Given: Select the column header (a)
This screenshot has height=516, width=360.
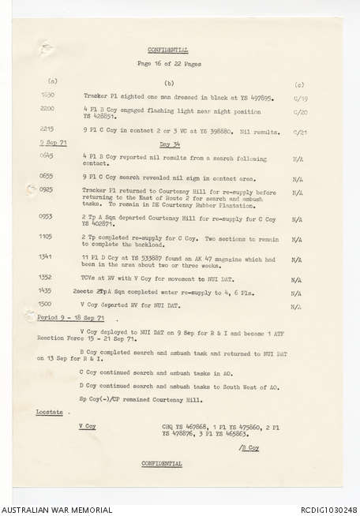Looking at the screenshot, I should (53, 82).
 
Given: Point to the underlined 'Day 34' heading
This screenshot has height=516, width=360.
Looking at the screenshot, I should (170, 144).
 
